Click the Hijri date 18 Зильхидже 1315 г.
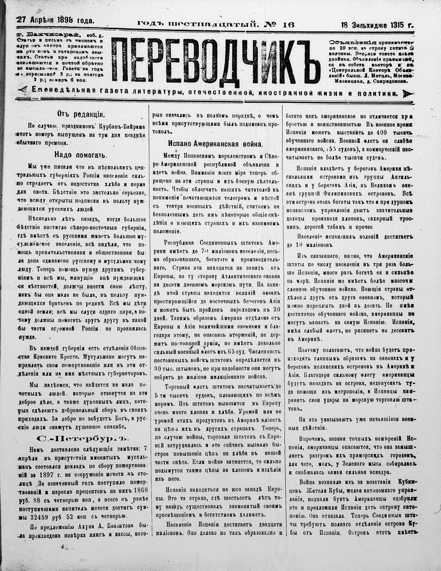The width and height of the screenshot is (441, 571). click(377, 26)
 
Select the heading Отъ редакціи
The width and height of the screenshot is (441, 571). click(80, 114)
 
